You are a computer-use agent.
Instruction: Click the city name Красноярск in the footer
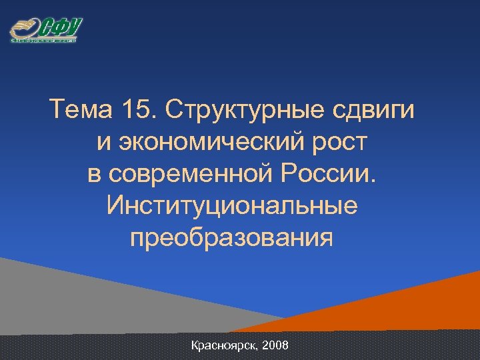click(225, 346)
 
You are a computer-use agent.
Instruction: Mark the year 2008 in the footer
click(275, 346)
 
